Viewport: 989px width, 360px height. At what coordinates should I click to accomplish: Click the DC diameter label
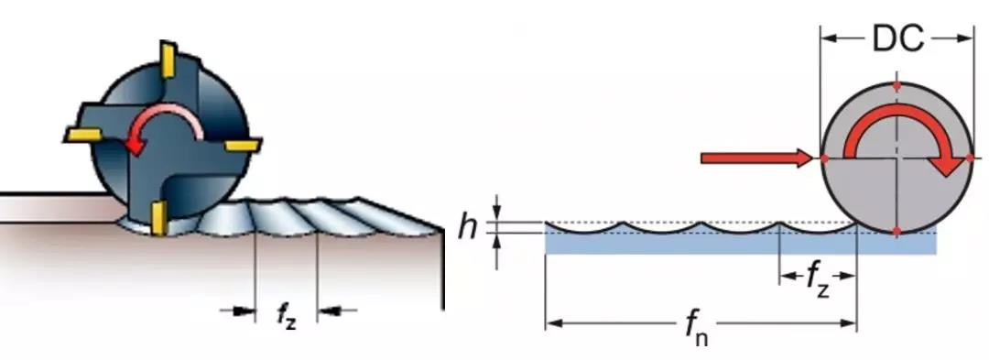pyautogui.click(x=897, y=39)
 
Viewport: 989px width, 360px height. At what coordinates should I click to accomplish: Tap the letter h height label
pyautogui.click(x=468, y=228)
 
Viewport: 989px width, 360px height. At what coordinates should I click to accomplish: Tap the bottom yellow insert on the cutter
pyautogui.click(x=158, y=217)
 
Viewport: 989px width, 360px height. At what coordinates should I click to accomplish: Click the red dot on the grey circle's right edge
pyautogui.click(x=968, y=158)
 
